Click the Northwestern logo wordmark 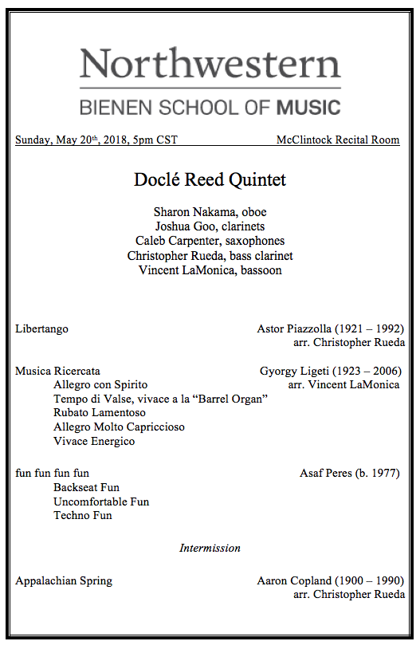pos(210,63)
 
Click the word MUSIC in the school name pos(308,107)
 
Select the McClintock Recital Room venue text pos(338,140)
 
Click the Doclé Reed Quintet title pos(210,180)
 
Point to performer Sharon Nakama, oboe pos(210,212)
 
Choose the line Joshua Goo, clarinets pos(210,226)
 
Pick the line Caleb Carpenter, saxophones pos(210,241)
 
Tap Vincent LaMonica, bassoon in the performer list pos(210,270)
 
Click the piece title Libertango pos(41,328)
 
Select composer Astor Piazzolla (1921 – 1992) pos(330,328)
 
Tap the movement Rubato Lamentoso pos(100,413)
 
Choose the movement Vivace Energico pos(94,442)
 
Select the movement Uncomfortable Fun pos(101,501)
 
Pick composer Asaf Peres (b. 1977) pos(351,473)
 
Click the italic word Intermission pos(210,549)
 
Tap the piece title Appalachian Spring pos(64,580)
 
